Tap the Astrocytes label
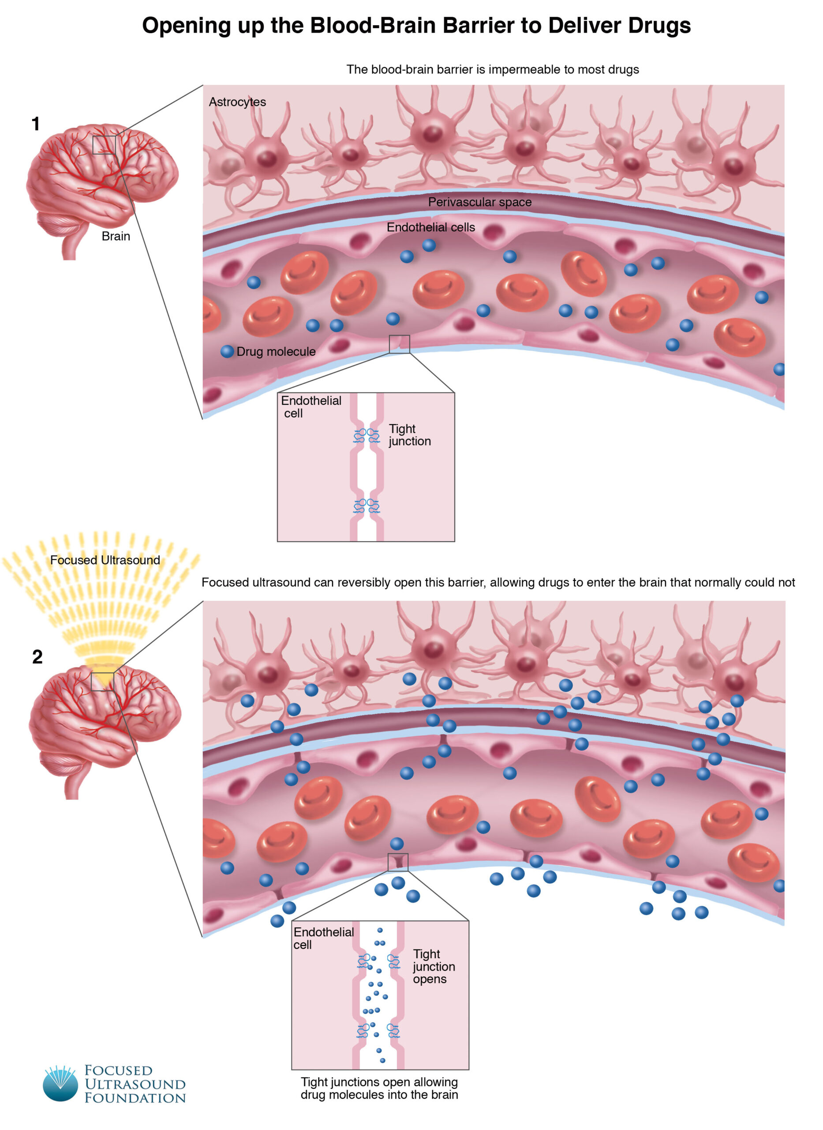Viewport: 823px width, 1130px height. [237, 102]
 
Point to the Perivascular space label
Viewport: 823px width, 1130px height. [479, 202]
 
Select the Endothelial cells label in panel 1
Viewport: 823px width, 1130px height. [430, 227]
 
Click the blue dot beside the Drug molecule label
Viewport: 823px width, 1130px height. [227, 351]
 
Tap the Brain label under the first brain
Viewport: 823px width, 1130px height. [116, 236]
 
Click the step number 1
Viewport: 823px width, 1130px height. [35, 124]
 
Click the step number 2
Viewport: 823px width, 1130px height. [37, 657]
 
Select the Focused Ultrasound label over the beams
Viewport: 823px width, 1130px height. [105, 560]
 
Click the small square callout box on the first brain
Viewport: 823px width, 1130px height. [104, 145]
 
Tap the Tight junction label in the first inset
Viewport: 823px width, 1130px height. [409, 435]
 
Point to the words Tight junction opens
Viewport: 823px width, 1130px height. [434, 967]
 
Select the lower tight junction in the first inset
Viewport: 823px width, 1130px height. [367, 506]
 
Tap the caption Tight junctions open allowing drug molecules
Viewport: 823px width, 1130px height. [379, 1088]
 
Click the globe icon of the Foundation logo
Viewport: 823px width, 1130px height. [61, 1085]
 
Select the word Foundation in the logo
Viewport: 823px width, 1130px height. [135, 1099]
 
